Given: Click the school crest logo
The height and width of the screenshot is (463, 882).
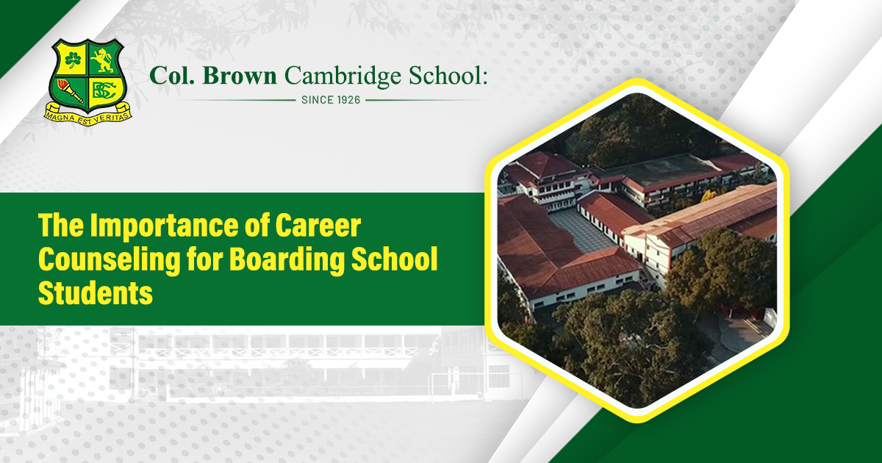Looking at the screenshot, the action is coord(87,82).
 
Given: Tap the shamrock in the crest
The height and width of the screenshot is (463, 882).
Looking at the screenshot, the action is coord(73,60).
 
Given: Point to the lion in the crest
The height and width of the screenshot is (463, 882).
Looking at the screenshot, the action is coord(103,60).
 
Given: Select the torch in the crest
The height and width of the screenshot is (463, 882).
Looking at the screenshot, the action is coord(71,91).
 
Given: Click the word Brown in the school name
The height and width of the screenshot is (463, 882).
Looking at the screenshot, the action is coord(240,76).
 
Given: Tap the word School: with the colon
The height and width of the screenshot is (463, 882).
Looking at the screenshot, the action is coord(448,75).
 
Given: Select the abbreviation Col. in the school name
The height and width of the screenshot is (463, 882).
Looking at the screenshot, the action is coord(172,76).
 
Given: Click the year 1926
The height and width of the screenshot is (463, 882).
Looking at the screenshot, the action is coord(349,100).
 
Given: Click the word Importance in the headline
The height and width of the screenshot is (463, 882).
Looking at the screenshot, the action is coord(164,226).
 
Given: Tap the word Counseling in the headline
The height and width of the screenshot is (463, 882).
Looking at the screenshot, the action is coord(109,260).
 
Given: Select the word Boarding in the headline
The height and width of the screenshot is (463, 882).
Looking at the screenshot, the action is coord(286,260).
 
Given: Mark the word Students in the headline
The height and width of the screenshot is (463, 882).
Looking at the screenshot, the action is coord(96,293).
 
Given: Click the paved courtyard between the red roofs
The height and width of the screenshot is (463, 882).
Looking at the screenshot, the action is coord(582,232).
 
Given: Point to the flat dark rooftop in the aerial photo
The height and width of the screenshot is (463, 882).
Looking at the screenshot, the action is coord(665,170).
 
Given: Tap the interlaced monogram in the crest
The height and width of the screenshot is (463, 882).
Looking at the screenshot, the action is coord(104,91).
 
